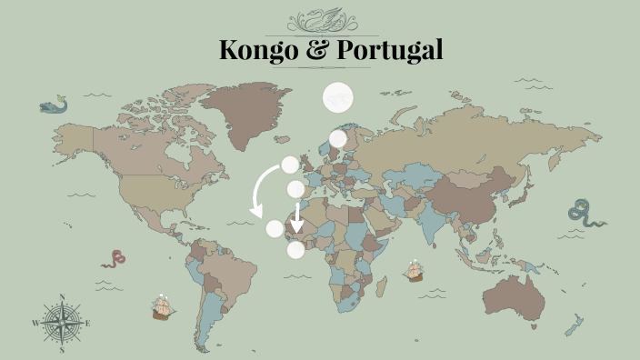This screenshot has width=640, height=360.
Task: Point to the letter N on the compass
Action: pyautogui.click(x=62, y=297)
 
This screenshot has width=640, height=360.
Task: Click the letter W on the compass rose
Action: pyautogui.click(x=37, y=323)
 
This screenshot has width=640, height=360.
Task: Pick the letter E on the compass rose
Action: pyautogui.click(x=87, y=323)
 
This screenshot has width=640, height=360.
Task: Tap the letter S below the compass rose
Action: pyautogui.click(x=62, y=348)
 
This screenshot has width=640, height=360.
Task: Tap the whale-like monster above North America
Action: pyautogui.click(x=54, y=107)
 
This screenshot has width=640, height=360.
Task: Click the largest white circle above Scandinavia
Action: pyautogui.click(x=337, y=96)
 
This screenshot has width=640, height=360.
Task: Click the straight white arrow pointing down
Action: pyautogui.click(x=296, y=221)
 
